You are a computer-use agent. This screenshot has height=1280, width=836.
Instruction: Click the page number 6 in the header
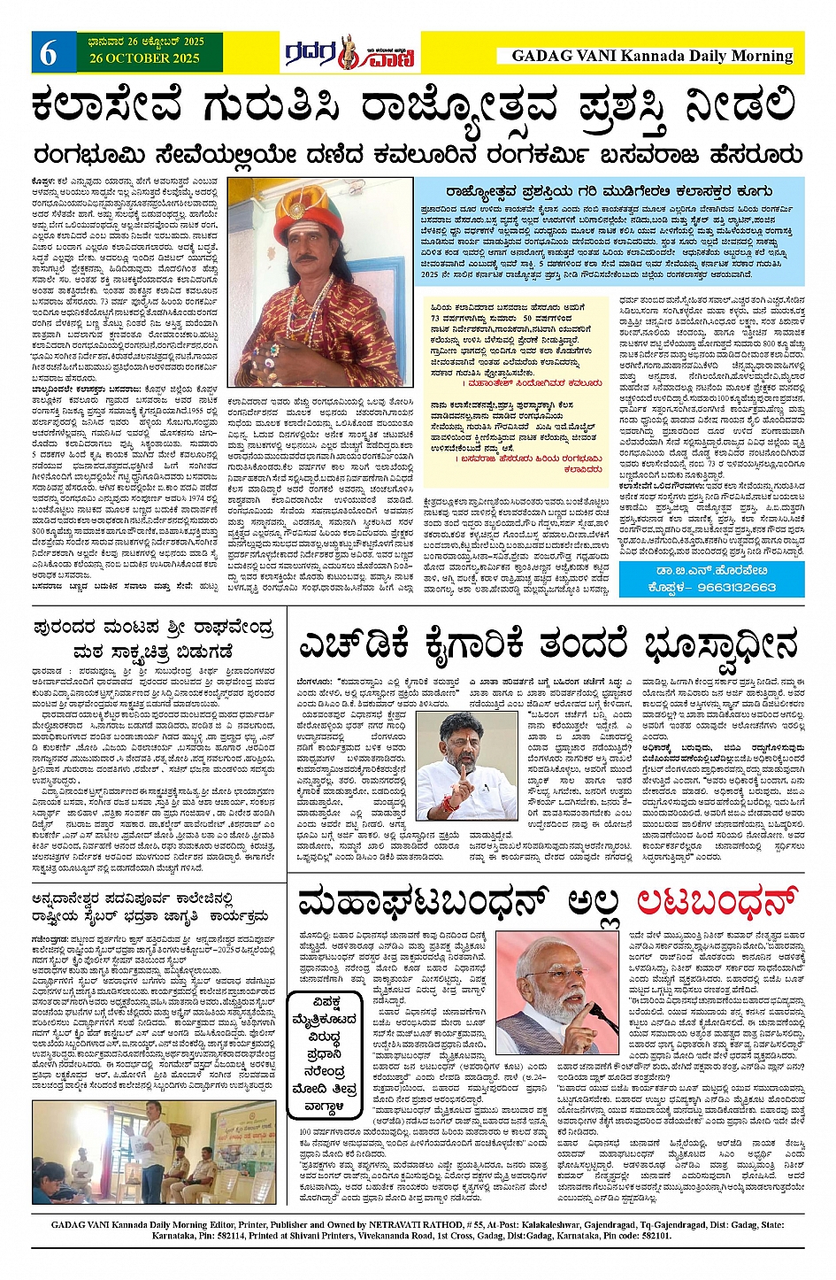click(48, 52)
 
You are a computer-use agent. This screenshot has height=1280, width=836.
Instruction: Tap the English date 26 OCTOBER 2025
click(145, 58)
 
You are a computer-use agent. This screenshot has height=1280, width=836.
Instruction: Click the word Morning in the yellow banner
click(760, 56)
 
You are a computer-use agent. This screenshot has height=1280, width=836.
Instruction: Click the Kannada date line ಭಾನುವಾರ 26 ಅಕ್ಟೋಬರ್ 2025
click(145, 42)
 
